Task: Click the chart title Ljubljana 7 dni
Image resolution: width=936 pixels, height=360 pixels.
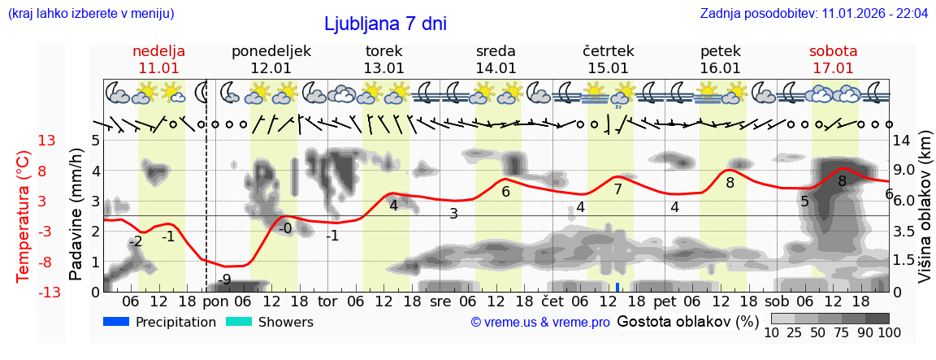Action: (385, 24)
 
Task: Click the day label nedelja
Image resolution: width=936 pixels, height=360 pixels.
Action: (158, 51)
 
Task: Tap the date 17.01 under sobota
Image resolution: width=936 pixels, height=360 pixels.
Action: (833, 68)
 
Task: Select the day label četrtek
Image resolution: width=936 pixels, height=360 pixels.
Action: (609, 51)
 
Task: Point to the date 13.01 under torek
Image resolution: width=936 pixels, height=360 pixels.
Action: (383, 68)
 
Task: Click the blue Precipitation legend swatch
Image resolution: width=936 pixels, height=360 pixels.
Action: (116, 322)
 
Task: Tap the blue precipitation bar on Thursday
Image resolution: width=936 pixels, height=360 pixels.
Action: (617, 287)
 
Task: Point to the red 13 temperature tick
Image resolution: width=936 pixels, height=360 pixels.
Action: (46, 141)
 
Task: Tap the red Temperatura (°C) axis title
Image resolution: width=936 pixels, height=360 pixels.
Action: (24, 215)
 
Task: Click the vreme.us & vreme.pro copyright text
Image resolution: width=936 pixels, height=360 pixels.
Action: (540, 323)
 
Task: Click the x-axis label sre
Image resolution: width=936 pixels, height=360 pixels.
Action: (440, 301)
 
